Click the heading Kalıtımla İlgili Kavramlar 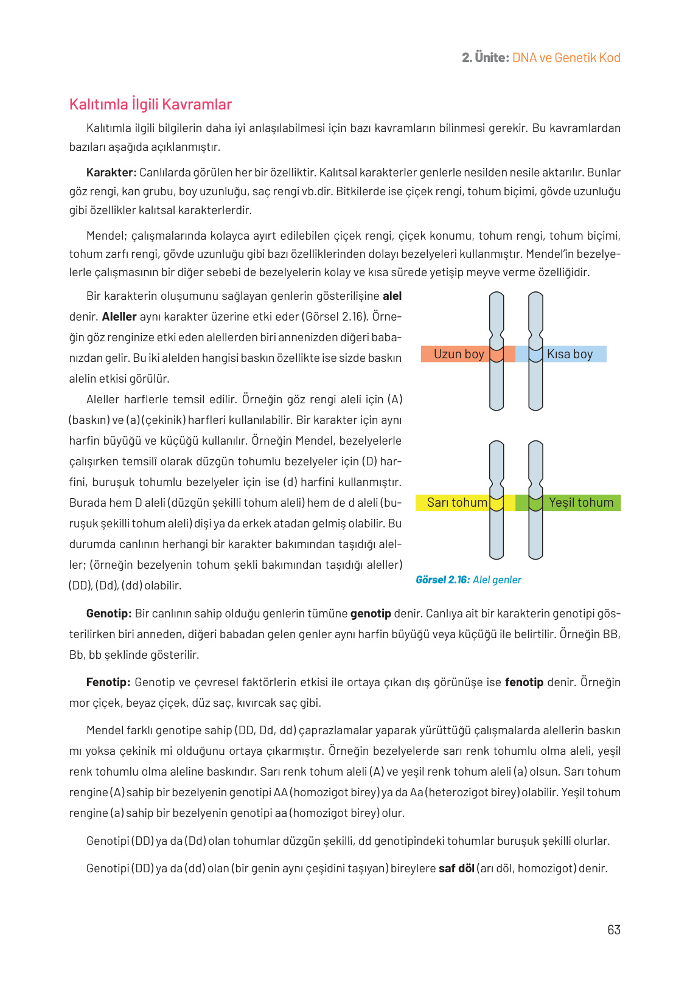150,105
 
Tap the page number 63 613,929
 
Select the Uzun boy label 458,354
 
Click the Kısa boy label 570,354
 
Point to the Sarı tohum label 456,502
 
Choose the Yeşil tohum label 581,502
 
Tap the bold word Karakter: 111,173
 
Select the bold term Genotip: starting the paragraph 109,613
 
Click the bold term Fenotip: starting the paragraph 108,682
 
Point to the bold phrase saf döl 456,868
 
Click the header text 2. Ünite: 485,58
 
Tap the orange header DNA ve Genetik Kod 566,58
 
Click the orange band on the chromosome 497,355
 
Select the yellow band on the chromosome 497,503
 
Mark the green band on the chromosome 535,503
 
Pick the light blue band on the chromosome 535,355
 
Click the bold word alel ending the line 392,296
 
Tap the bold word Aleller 119,317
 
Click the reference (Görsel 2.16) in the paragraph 338,317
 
